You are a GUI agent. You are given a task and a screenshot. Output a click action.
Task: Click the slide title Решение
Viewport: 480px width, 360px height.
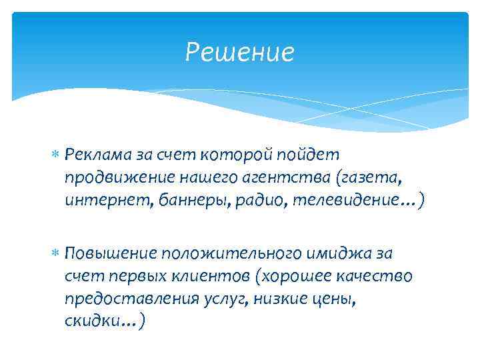[x=239, y=52]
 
